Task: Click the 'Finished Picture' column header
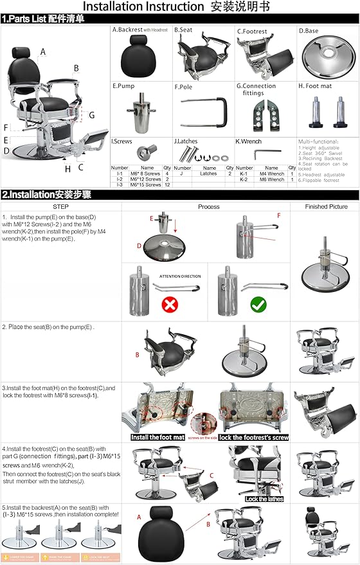pyautogui.click(x=323, y=207)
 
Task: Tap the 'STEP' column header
pyautogui.click(x=60, y=207)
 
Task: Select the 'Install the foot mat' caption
pyautogui.click(x=158, y=437)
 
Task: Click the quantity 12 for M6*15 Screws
pyautogui.click(x=167, y=185)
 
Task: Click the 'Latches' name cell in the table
pyautogui.click(x=208, y=174)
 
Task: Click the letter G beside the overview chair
pyautogui.click(x=92, y=115)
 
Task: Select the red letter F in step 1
pyautogui.click(x=278, y=215)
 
